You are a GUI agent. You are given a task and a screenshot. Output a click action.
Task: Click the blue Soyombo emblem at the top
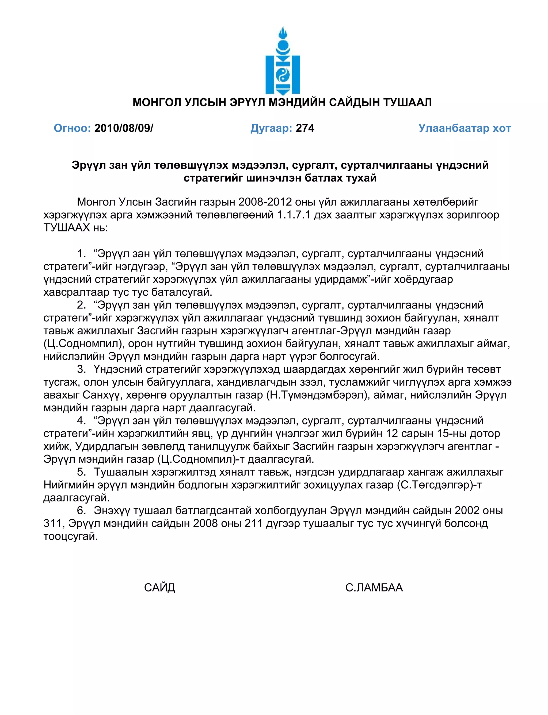283,61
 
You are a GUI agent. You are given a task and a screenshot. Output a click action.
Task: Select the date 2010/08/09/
124,128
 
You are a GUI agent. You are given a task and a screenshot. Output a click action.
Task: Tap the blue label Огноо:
72,128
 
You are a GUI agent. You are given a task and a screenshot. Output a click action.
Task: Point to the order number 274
305,128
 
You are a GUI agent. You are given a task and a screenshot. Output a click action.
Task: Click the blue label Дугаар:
271,128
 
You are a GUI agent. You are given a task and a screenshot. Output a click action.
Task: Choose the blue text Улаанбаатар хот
465,128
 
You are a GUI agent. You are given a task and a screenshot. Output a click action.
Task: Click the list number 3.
81,369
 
